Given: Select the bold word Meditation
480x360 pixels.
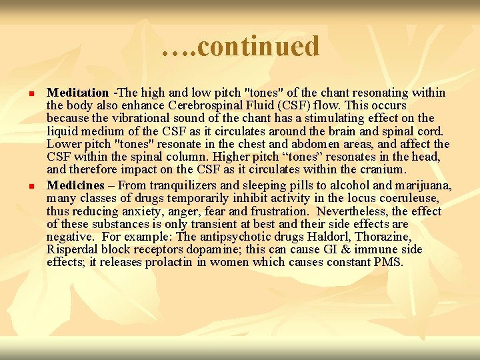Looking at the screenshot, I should (x=77, y=93).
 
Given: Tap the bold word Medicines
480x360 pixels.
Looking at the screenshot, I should (x=76, y=185).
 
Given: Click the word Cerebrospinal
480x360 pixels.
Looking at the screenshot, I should (x=207, y=106).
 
